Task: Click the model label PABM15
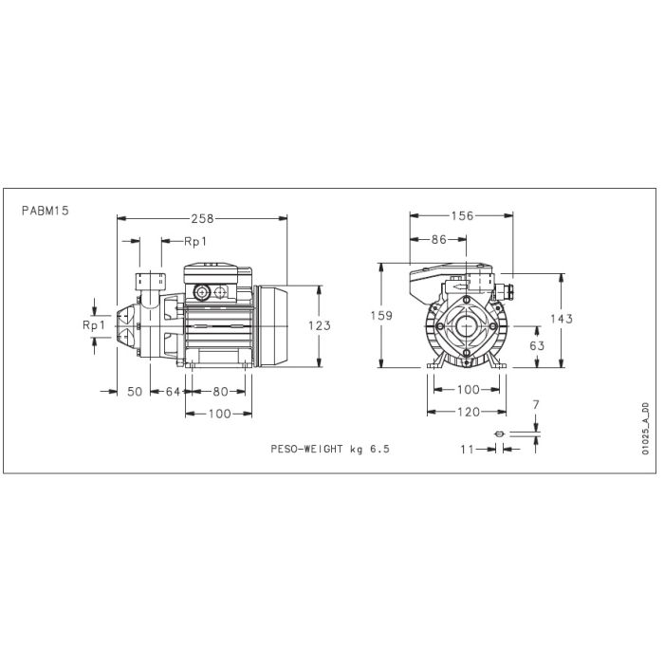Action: pos(46,211)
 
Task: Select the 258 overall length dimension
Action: pos(203,219)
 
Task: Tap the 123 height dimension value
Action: pos(320,325)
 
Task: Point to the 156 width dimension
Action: pos(462,216)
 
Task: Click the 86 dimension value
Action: pos(438,240)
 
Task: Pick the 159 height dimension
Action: pos(381,316)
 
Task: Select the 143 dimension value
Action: pos(562,319)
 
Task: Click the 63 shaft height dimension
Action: pos(537,346)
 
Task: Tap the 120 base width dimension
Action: pos(469,412)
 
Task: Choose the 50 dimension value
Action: pos(135,392)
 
